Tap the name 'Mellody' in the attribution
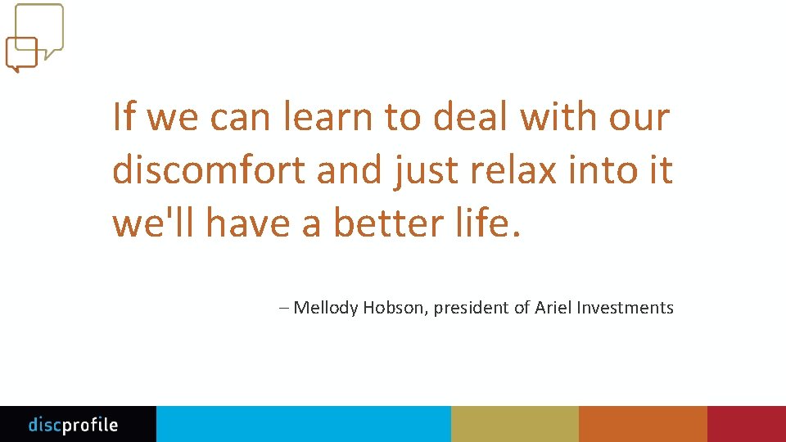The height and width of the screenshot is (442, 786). click(x=326, y=309)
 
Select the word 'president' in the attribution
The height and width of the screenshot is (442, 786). click(x=472, y=309)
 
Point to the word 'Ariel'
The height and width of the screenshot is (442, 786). click(x=553, y=308)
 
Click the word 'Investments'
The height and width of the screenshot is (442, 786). click(x=626, y=308)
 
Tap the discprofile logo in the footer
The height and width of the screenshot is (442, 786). click(x=73, y=425)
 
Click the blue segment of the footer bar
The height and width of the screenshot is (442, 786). click(x=303, y=424)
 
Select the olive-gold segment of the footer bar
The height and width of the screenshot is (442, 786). click(x=514, y=424)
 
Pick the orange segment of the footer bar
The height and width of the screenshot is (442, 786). click(x=643, y=424)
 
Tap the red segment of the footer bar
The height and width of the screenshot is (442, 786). click(x=747, y=424)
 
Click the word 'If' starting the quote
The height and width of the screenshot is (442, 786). click(x=123, y=117)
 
